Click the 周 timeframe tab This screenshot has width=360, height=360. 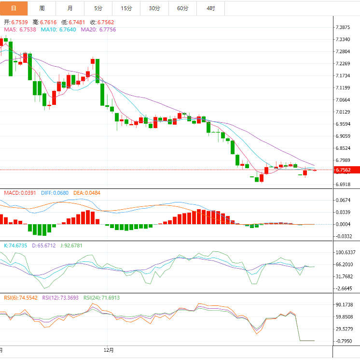(42, 8)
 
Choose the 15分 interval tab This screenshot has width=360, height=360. (126, 8)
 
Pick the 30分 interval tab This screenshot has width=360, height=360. (154, 8)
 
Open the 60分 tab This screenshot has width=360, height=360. (183, 8)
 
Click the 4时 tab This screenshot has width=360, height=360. (210, 8)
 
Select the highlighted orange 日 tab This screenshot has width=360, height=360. (14, 8)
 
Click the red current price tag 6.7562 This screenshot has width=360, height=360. (347, 170)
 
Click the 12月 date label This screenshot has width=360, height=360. (109, 349)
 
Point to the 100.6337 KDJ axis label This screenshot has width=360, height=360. (346, 253)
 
